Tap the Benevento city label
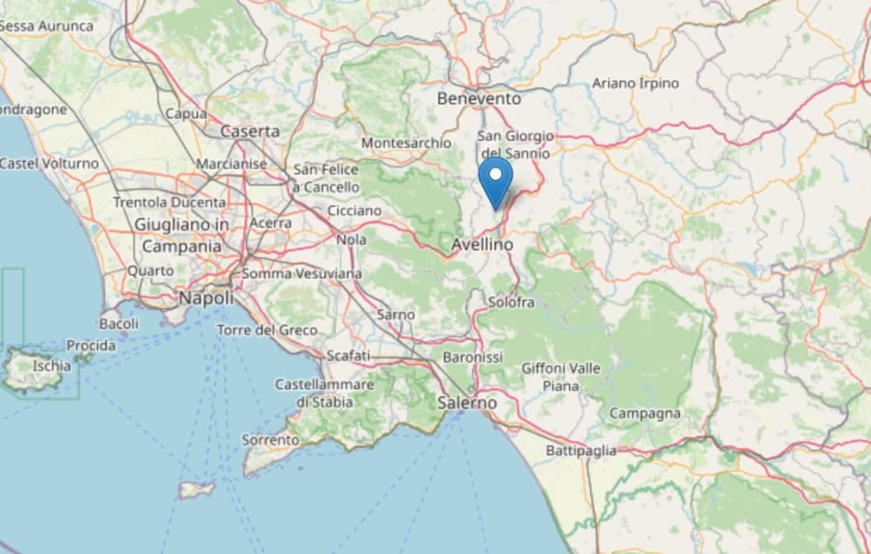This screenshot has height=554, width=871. coord(478,98)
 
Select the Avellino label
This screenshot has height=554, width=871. coord(482,244)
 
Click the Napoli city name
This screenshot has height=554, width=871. coord(206,297)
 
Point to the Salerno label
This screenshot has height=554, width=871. coord(467,403)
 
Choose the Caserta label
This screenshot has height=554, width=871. coord(250,132)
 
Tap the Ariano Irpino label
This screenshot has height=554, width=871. coord(635,84)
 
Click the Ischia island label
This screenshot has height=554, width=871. coord(51,366)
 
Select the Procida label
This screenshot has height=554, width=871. coord(91,346)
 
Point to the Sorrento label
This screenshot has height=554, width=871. coord(270,440)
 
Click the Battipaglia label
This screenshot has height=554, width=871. coord(581,451)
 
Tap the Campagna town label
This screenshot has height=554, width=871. coord(644,414)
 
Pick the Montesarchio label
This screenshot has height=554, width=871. coord(406,143)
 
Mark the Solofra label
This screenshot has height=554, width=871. coord(511,302)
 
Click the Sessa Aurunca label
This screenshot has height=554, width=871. coord(46,26)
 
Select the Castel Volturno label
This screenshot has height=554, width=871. coord(49,164)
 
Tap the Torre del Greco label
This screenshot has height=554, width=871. coord(267,330)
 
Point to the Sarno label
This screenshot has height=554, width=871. coord(395,315)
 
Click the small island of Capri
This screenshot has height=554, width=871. coord(197,490)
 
